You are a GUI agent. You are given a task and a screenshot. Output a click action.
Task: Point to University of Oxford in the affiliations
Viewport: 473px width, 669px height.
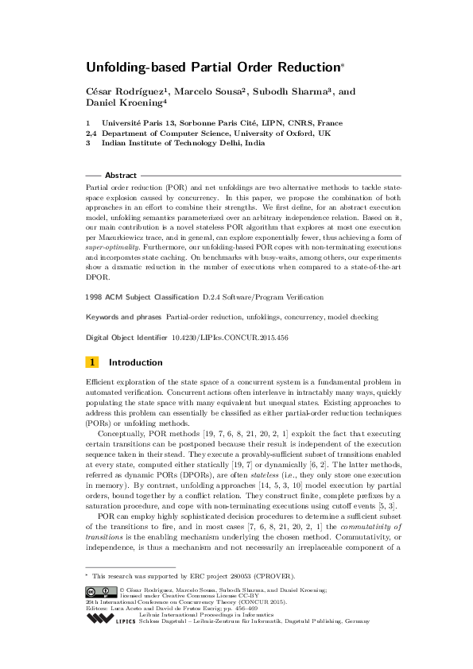coord(303,133)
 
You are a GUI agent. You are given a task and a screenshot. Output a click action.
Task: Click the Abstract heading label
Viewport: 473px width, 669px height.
coord(121,175)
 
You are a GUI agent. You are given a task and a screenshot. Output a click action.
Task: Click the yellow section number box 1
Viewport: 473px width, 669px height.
coord(92,362)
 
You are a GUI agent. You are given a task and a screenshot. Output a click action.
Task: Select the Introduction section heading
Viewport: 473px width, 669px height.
coord(135,362)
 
